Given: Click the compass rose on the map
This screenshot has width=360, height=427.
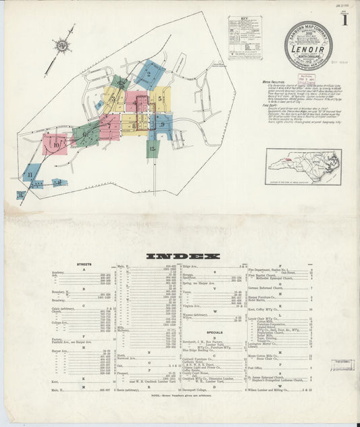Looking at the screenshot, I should tap(62, 46).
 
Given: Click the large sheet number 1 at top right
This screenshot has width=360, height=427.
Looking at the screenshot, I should tap(344, 19).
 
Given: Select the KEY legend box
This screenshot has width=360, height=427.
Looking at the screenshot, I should tap(245, 37).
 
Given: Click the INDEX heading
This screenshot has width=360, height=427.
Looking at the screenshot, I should tap(183, 256).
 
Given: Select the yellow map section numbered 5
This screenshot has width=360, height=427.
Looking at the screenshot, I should tap(159, 99).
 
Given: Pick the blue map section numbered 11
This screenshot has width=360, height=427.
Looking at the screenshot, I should tap(30, 174).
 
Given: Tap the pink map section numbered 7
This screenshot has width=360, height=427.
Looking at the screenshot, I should tap(109, 126).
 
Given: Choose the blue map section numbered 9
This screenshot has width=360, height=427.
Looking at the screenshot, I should tap(163, 125).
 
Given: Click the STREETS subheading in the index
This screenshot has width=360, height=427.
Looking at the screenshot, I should tap(84, 265).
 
